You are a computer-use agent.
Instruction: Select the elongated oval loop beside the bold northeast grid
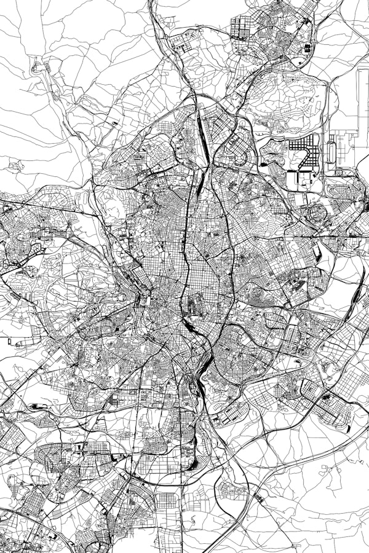pyautogui.click(x=332, y=151)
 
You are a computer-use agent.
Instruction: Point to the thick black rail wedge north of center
pyautogui.click(x=200, y=179)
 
